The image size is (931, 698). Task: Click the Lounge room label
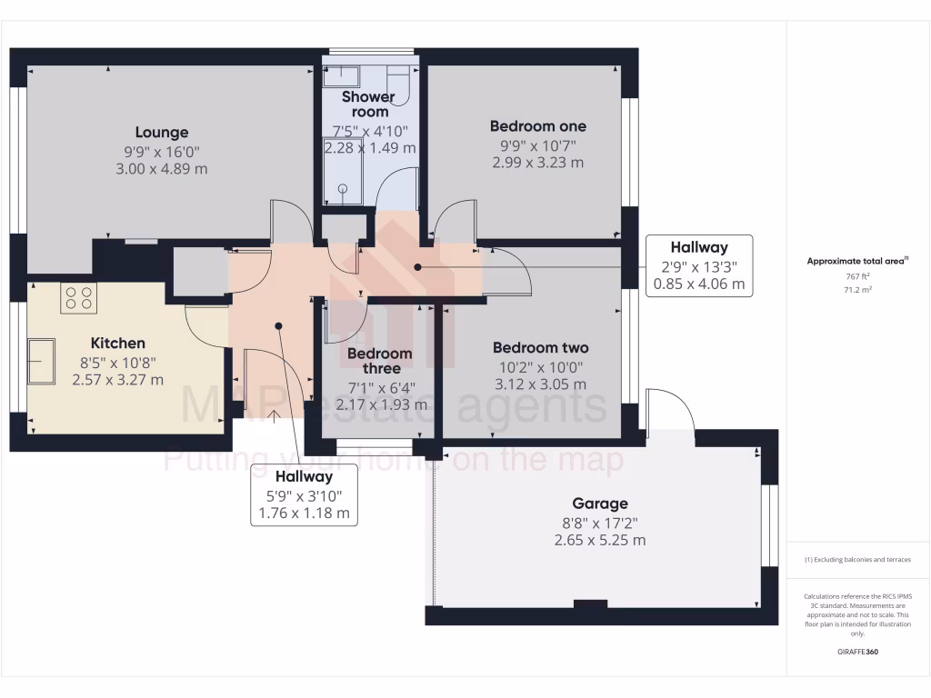pyautogui.click(x=162, y=132)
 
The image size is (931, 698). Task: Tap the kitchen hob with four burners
pyautogui.click(x=79, y=298)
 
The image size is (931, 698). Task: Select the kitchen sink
pyautogui.click(x=41, y=361)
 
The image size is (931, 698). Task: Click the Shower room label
pyautogui.click(x=368, y=104)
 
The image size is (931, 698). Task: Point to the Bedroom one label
pyautogui.click(x=537, y=126)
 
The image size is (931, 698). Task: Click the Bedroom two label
pyautogui.click(x=540, y=347)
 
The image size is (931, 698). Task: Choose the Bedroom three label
pyautogui.click(x=381, y=361)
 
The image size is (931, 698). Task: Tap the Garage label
pyautogui.click(x=599, y=504)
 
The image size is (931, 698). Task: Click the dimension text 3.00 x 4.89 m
pyautogui.click(x=162, y=169)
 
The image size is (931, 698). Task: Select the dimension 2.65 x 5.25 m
pyautogui.click(x=600, y=540)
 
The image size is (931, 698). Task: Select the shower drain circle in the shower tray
pyautogui.click(x=344, y=189)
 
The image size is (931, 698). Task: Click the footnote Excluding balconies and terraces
pyautogui.click(x=857, y=560)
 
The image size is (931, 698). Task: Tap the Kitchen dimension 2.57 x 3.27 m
pyautogui.click(x=118, y=380)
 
